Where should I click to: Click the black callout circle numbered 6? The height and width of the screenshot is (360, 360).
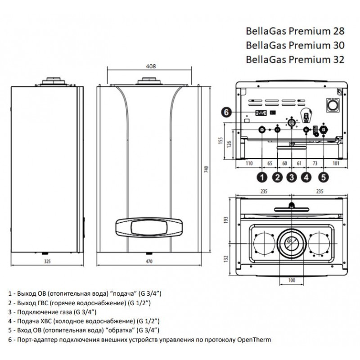tap(227, 112)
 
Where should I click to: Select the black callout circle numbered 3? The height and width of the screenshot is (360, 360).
tap(292, 177)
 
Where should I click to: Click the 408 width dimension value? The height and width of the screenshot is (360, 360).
tap(151, 66)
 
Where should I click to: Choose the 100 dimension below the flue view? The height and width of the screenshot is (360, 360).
tap(292, 280)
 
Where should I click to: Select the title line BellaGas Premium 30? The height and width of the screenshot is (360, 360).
tap(294, 45)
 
